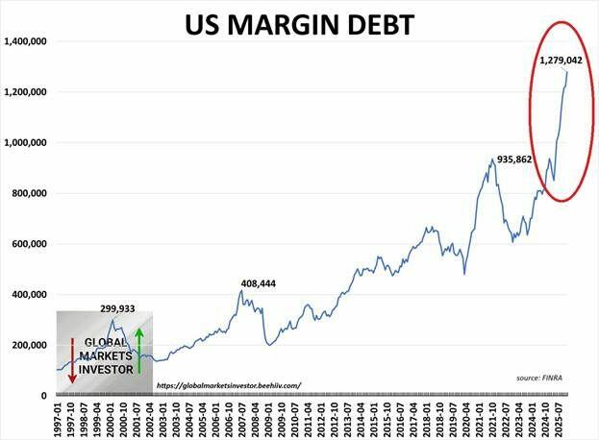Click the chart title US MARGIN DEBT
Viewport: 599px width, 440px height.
click(299, 23)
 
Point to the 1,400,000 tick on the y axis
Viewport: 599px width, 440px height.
click(26, 42)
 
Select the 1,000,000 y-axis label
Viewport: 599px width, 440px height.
click(26, 143)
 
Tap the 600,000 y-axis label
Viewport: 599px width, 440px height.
click(30, 244)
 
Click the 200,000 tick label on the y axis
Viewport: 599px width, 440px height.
click(30, 345)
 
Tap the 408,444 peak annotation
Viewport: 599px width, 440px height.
click(259, 284)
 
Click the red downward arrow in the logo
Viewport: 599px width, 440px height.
click(71, 361)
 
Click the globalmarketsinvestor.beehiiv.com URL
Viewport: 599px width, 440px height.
click(227, 385)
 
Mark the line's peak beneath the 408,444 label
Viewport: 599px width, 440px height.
click(241, 291)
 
